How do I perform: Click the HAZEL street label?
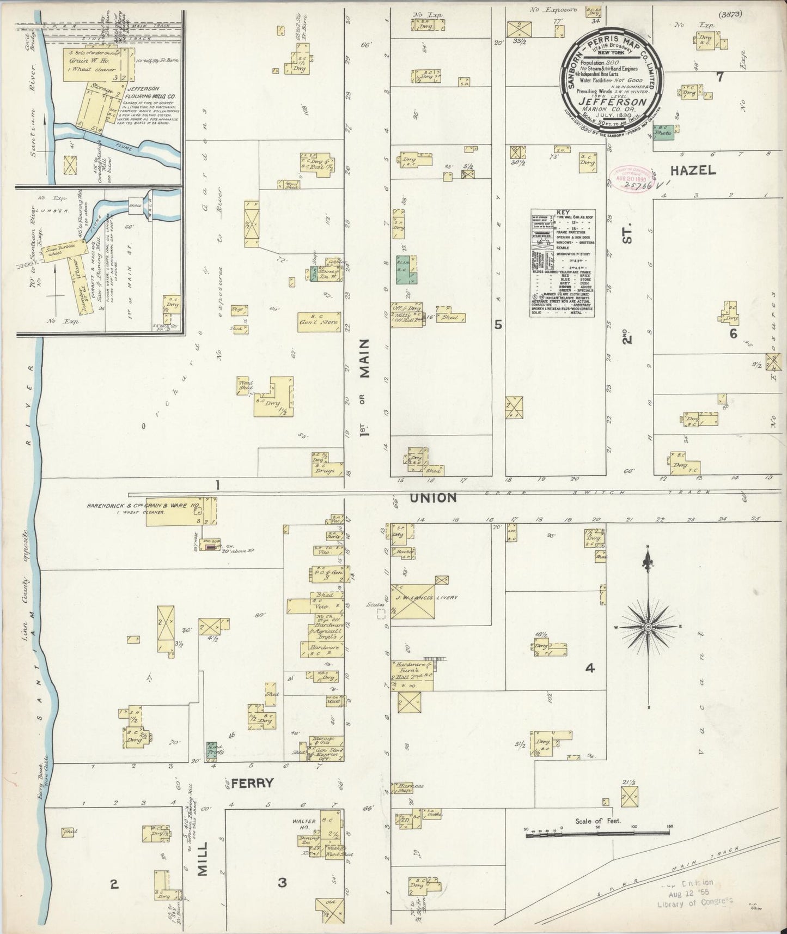tap(692, 171)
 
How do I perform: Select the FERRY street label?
tap(251, 784)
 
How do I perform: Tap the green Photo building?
tap(663, 132)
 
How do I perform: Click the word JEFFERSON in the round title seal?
tap(613, 101)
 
